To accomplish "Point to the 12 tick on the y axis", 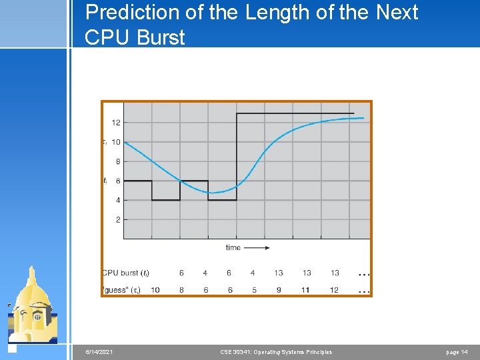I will [x=116, y=123].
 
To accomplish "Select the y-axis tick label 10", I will [x=116, y=142].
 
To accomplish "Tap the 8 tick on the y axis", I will [x=118, y=161].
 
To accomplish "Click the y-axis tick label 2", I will [x=118, y=219].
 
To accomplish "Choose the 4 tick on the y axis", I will [x=118, y=200].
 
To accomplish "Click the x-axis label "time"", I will [x=233, y=247].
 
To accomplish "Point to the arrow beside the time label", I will [x=257, y=247].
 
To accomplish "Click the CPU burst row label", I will [x=126, y=273].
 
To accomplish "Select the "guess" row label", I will [x=122, y=290].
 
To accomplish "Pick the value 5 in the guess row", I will [x=253, y=290].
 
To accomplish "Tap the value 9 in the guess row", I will [x=278, y=290].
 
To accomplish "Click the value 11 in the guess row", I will [x=307, y=290].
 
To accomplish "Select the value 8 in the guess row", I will [x=182, y=290].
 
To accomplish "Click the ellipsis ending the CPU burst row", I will [x=364, y=274].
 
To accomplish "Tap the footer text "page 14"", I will [x=457, y=352].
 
